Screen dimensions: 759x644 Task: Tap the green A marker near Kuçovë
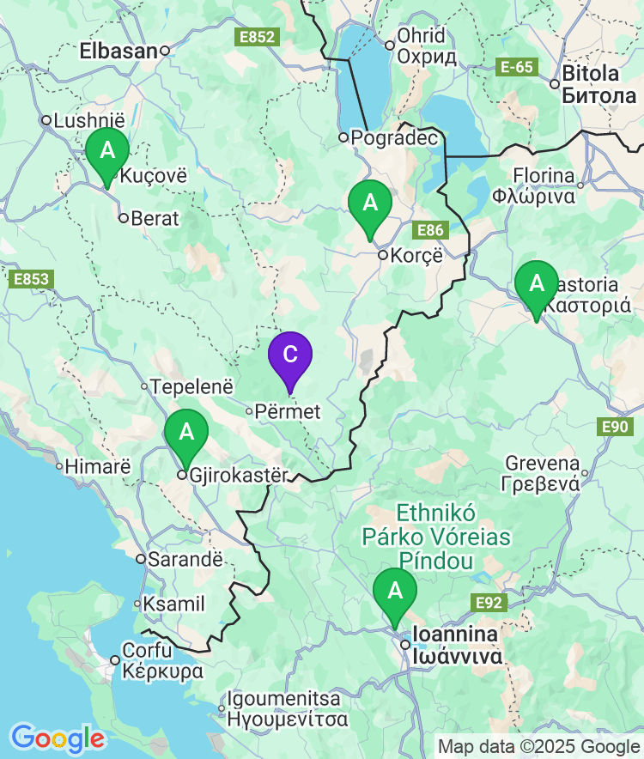click(107, 152)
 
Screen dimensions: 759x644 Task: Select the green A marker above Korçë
click(370, 204)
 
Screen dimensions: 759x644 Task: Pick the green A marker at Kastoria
click(537, 284)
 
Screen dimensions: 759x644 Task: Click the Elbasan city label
click(118, 51)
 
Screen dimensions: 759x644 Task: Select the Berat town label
click(155, 218)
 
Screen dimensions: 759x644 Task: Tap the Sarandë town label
click(185, 559)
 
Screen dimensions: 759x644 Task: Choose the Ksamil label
click(173, 604)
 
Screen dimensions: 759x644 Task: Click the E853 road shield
click(32, 279)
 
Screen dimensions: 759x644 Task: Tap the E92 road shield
click(489, 603)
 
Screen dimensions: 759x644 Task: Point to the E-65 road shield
click(518, 67)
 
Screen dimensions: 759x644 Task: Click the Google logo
click(57, 738)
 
